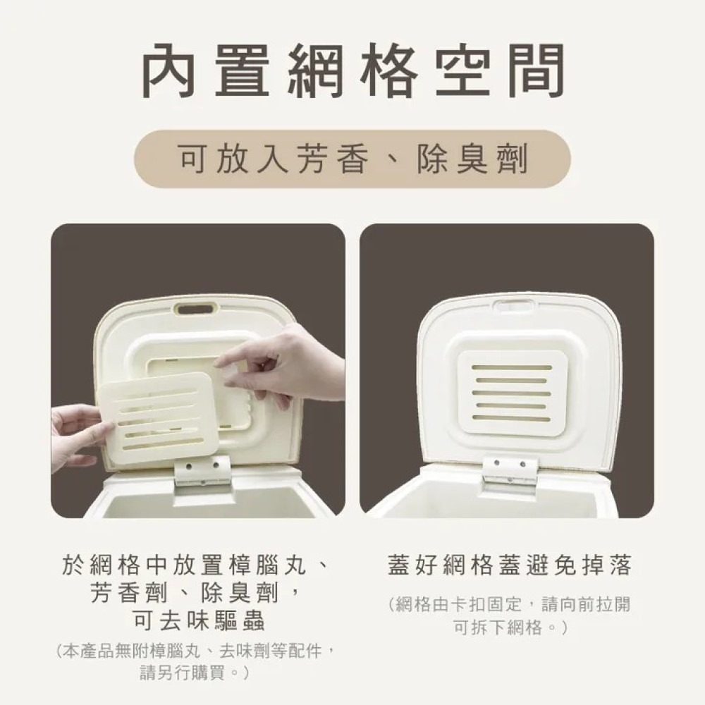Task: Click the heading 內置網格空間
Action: point(352,73)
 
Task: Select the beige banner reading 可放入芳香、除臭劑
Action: point(352,160)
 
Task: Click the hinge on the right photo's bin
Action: point(509,468)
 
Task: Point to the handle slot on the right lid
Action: point(513,306)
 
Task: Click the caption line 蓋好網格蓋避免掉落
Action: point(509,565)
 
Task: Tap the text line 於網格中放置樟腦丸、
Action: point(193,565)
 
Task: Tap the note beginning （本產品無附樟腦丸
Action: point(193,650)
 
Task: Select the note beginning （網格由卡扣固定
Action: point(509,604)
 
